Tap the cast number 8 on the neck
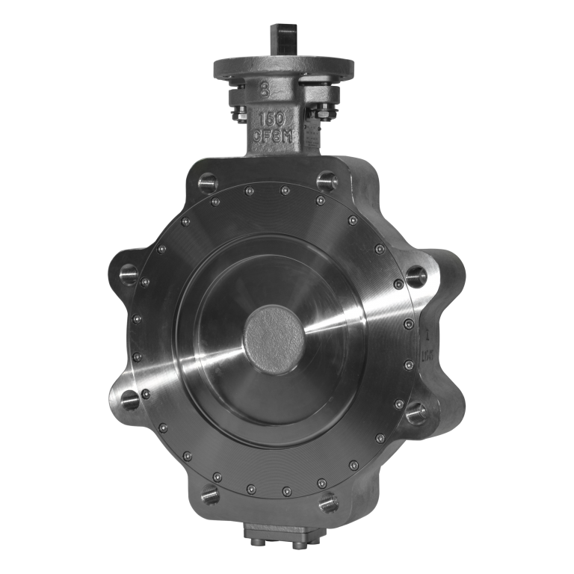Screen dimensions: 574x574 tap(265, 90)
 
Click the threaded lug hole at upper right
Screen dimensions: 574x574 tap(328, 180)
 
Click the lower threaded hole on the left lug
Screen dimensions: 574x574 tap(132, 396)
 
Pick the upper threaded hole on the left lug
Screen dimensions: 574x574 tap(132, 271)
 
